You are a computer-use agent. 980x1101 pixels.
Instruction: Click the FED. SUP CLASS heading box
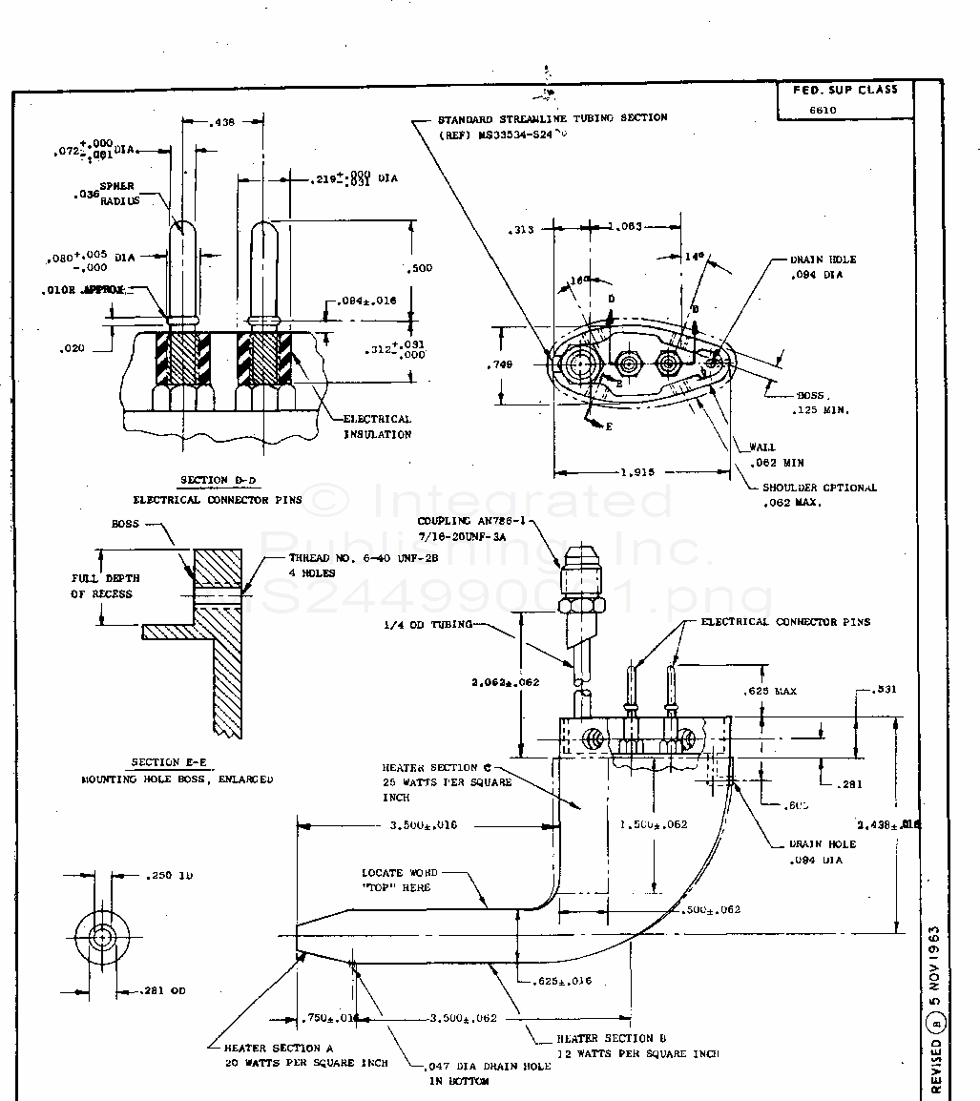(x=844, y=90)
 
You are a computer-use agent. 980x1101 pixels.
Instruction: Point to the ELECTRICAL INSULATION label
(x=378, y=426)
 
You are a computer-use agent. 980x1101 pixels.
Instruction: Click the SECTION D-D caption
(x=218, y=480)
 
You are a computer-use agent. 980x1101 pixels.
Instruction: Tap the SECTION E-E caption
(x=169, y=762)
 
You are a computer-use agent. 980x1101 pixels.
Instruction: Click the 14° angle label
(x=695, y=257)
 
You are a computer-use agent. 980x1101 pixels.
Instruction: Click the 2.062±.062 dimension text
(x=506, y=682)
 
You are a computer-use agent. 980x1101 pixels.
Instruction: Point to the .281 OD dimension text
(x=165, y=990)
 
